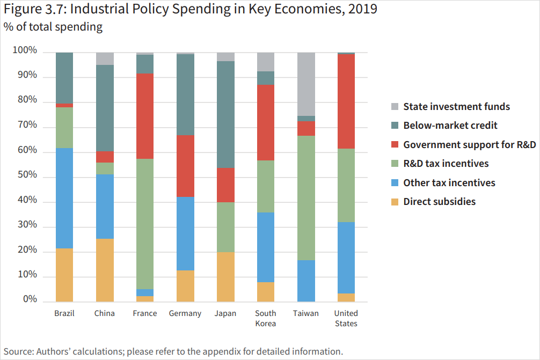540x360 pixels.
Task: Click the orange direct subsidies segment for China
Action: [x=105, y=270]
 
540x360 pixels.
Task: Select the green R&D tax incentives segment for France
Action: [x=145, y=224]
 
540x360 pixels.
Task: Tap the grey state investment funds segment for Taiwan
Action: [x=306, y=84]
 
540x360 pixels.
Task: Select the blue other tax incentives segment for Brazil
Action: [x=64, y=198]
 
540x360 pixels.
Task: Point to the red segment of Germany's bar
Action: [x=185, y=166]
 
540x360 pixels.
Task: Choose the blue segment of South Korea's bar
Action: [x=266, y=247]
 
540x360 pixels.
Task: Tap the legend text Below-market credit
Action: [x=450, y=126]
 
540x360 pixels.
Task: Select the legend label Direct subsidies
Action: [x=439, y=202]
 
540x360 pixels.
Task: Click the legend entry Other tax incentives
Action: [x=449, y=182]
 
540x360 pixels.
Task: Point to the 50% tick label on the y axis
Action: [x=26, y=175]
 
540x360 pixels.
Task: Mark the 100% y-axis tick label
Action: [x=24, y=51]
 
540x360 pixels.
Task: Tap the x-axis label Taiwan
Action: [x=306, y=313]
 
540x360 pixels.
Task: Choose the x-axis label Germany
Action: [x=185, y=313]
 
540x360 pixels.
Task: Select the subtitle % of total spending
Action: [x=53, y=27]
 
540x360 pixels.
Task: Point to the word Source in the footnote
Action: [x=18, y=352]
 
